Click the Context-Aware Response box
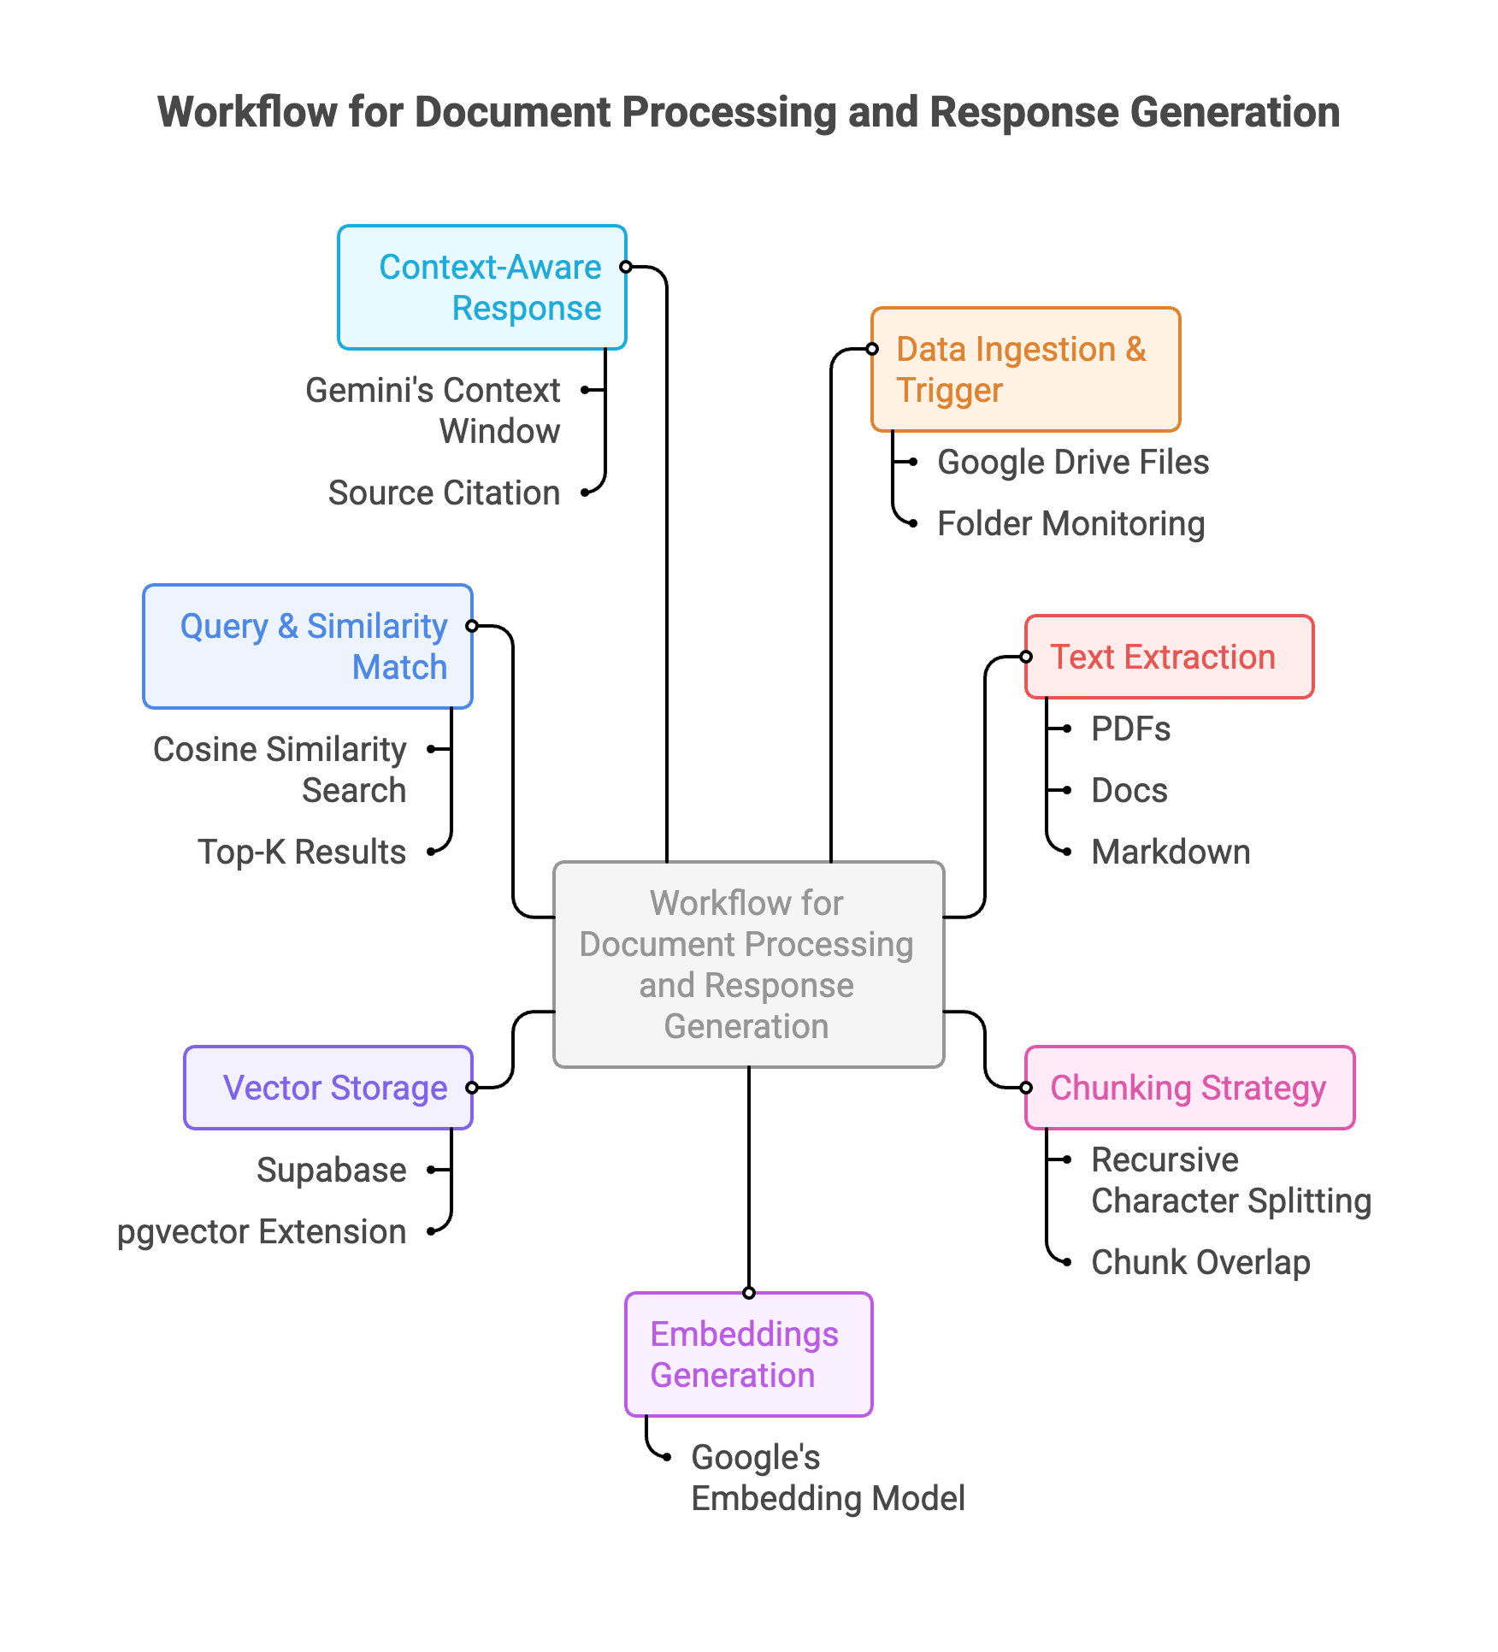pos(482,287)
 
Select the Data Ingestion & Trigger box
pos(1025,369)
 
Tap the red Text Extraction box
pos(1169,657)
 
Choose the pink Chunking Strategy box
pos(1189,1088)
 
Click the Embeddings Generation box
pos(748,1354)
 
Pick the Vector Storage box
pos(328,1088)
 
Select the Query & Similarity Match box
pos(308,646)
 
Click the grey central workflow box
pos(748,965)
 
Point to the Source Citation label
pos(444,493)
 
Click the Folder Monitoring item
pos(1070,524)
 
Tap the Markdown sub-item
pos(1171,853)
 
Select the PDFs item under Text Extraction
pos(1130,729)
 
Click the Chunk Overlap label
pos(1200,1263)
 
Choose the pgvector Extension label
pos(262,1232)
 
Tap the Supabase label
pos(331,1171)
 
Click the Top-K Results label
pos(302,853)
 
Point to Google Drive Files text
pos(1073,463)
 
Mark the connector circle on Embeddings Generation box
pos(749,1293)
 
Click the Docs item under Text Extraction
pos(1129,791)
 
